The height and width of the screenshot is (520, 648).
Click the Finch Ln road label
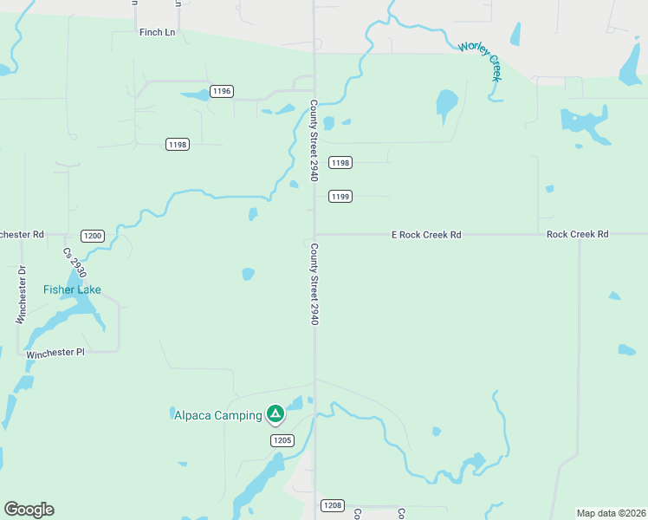[157, 32]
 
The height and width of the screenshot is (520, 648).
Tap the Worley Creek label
[481, 61]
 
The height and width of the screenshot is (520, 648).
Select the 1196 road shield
[222, 91]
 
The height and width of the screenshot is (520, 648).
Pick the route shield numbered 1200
[93, 236]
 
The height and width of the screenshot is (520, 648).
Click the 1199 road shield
[340, 197]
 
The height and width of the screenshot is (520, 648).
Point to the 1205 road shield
[282, 440]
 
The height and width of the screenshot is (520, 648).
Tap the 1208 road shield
[332, 505]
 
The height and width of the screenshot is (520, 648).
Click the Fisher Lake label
[73, 289]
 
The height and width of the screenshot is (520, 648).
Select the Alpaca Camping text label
[218, 415]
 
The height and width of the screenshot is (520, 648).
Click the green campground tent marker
[275, 414]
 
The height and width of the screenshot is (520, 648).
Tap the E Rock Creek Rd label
[426, 235]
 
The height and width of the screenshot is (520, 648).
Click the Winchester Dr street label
[23, 295]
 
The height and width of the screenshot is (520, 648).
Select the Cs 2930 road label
[74, 263]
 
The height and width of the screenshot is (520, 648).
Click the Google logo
[29, 510]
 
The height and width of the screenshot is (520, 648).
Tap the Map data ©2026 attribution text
[611, 513]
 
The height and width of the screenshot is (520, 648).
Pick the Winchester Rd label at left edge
[22, 235]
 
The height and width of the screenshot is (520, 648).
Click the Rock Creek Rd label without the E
[578, 235]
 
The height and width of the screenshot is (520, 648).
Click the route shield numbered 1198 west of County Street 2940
[178, 144]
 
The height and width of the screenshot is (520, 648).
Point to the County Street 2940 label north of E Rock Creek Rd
[314, 140]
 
